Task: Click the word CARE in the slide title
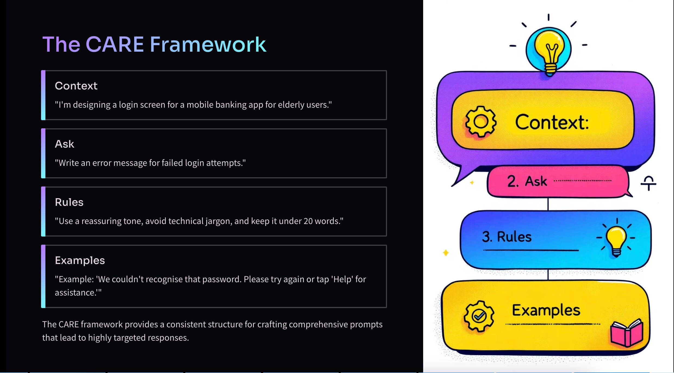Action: click(x=115, y=44)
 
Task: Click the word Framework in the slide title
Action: click(x=208, y=44)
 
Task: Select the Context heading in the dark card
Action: click(x=76, y=86)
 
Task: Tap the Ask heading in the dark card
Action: click(x=64, y=144)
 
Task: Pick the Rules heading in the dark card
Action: click(x=69, y=202)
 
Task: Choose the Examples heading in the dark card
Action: click(x=80, y=260)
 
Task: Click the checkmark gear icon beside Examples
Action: click(x=479, y=316)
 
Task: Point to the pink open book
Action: click(x=627, y=333)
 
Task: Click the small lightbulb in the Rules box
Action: click(x=616, y=239)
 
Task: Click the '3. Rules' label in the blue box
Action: click(x=507, y=237)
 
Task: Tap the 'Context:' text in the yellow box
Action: click(x=552, y=122)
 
